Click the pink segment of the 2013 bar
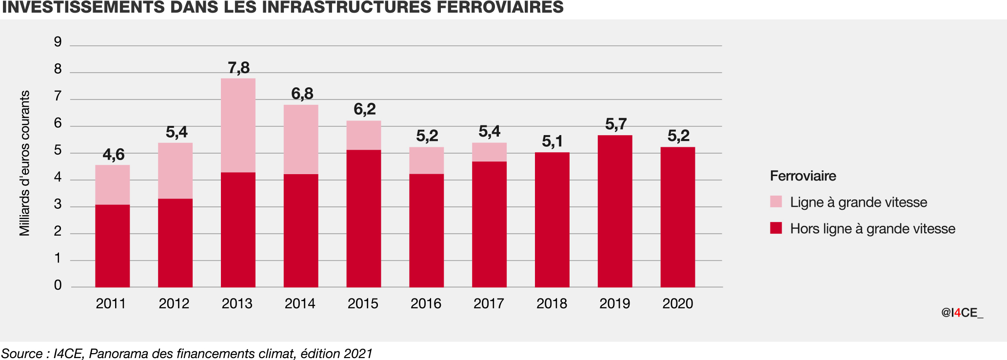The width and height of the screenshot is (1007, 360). (x=238, y=125)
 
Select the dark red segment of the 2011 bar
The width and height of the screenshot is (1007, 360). (x=112, y=246)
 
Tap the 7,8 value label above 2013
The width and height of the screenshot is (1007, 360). (x=238, y=68)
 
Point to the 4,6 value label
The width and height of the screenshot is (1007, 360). (x=113, y=155)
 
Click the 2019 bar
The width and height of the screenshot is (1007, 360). (x=615, y=211)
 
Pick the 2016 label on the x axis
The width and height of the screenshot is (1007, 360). (x=426, y=303)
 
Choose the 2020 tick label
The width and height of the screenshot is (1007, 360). (x=677, y=303)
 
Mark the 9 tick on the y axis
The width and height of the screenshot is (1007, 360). (x=58, y=42)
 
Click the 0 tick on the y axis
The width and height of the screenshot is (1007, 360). (x=58, y=285)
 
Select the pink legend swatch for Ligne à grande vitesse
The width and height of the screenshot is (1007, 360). (x=776, y=201)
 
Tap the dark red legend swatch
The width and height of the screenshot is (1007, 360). (x=776, y=228)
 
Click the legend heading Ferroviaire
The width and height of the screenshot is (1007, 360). (x=803, y=176)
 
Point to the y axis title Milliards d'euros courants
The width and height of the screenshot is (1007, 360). (x=24, y=163)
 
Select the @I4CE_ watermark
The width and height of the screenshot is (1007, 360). (x=962, y=313)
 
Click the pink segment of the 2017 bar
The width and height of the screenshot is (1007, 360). (x=489, y=152)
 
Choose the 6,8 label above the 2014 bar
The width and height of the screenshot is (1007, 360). (x=302, y=94)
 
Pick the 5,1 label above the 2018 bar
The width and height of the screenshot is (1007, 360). (x=552, y=141)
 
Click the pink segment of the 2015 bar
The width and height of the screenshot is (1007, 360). (x=364, y=135)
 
